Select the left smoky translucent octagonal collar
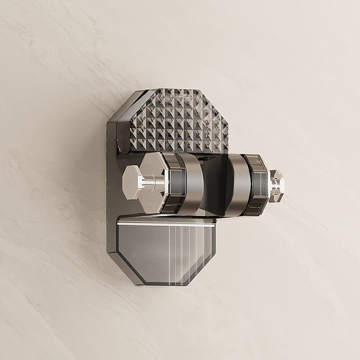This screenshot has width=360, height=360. pyautogui.click(x=175, y=184)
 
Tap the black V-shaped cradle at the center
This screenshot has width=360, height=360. pyautogui.click(x=217, y=184)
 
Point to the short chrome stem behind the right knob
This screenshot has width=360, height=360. pyautogui.click(x=271, y=183)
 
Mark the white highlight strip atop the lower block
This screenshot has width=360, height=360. pyautogui.click(x=165, y=223)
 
